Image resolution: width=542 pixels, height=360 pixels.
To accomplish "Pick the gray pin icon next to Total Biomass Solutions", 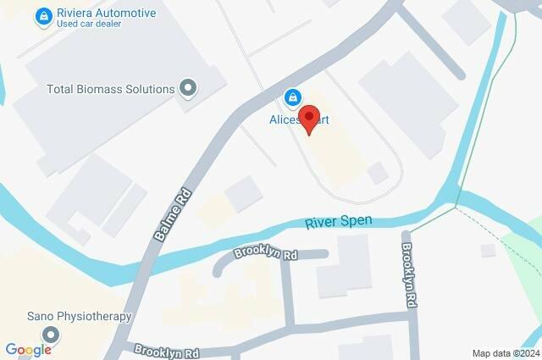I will (188, 87).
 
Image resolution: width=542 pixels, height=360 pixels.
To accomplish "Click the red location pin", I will (310, 121).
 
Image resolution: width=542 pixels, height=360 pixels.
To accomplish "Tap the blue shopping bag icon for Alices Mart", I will (292, 98).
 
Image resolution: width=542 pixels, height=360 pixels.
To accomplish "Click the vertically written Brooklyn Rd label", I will (409, 274).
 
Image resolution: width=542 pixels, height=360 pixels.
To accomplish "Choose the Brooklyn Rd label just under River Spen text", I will (267, 253).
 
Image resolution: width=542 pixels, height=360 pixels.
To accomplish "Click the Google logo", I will (29, 349).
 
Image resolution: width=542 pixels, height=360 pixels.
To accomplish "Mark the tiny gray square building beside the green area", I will (486, 250).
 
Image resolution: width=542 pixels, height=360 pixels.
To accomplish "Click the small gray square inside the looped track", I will (378, 172).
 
